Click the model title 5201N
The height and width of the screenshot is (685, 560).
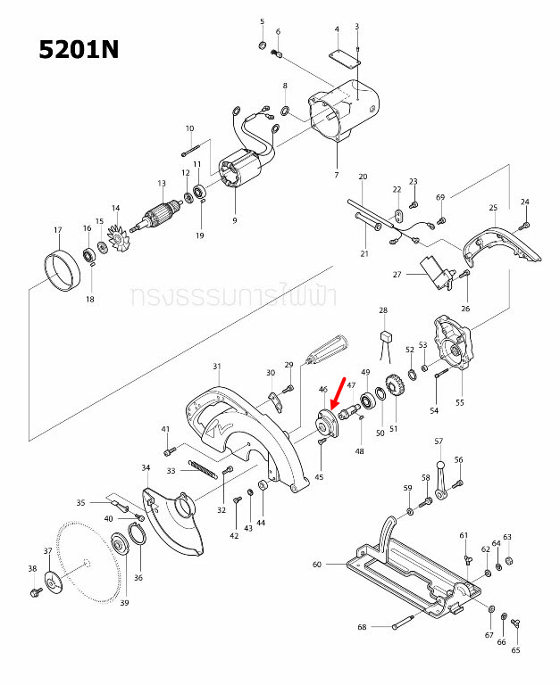pos(79,49)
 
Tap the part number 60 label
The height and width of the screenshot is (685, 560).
pos(316,564)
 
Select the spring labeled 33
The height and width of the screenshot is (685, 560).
pos(202,467)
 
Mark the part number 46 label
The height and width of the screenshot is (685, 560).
pos(323,390)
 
